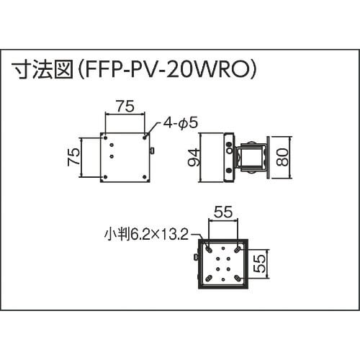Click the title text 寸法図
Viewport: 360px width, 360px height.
point(40,71)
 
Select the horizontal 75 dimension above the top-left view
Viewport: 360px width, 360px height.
point(125,106)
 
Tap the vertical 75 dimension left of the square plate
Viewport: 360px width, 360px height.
point(72,157)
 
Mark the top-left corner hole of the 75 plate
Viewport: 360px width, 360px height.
point(105,136)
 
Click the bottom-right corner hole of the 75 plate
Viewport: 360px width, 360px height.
point(145,176)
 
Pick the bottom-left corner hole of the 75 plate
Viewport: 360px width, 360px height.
point(105,176)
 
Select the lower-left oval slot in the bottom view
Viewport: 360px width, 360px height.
point(207,278)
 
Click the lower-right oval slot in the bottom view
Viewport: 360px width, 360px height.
point(236,278)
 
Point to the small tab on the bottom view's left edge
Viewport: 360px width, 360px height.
point(195,257)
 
